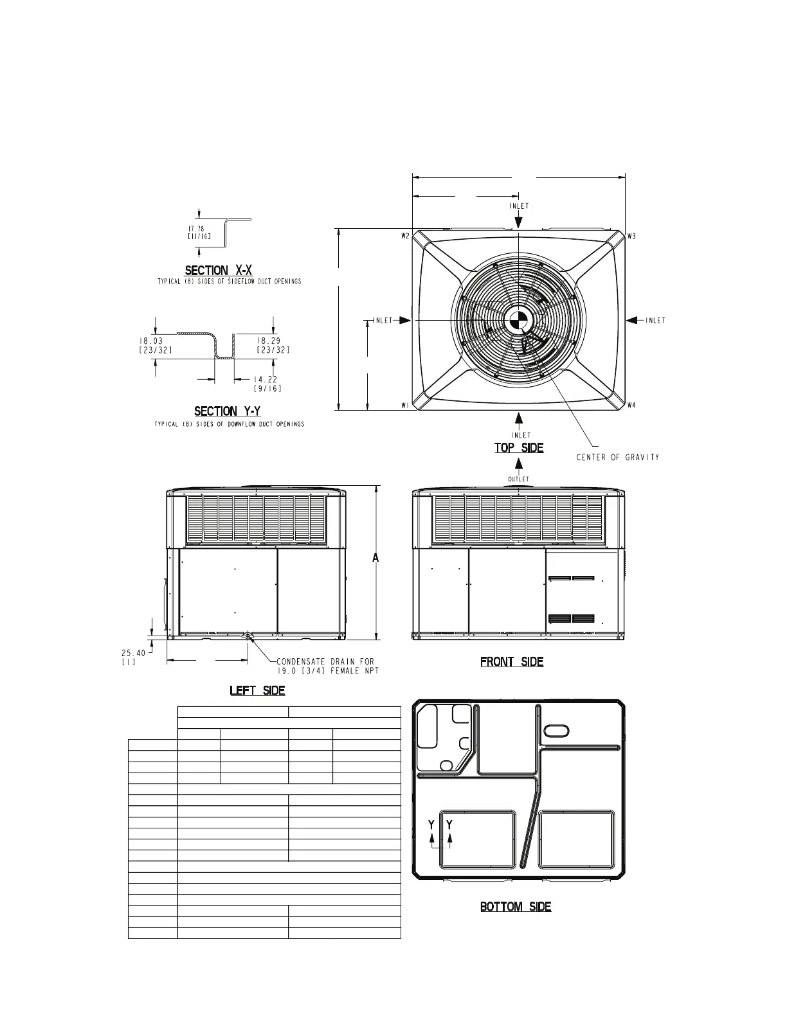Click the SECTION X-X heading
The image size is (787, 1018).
pyautogui.click(x=219, y=271)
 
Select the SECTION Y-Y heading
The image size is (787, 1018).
pyautogui.click(x=228, y=411)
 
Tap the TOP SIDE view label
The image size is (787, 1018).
pyautogui.click(x=519, y=448)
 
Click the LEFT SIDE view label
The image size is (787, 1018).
pyautogui.click(x=257, y=690)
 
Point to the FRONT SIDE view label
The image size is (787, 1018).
pyautogui.click(x=512, y=662)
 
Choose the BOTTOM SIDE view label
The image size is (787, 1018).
pyautogui.click(x=516, y=907)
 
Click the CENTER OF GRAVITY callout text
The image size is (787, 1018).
pyautogui.click(x=617, y=457)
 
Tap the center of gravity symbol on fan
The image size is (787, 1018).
pyautogui.click(x=518, y=321)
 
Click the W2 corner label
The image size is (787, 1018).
pyautogui.click(x=406, y=236)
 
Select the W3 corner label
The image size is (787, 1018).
pyautogui.click(x=632, y=236)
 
